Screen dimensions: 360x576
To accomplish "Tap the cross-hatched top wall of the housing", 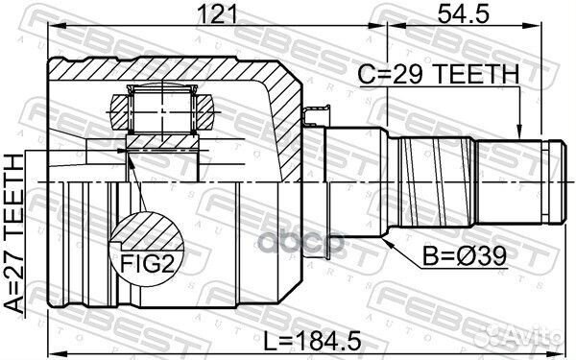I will point(173,69).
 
